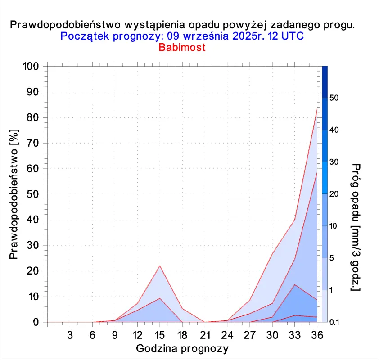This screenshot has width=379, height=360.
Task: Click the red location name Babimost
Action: [x=182, y=47]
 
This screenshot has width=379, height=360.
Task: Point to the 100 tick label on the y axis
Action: [x=31, y=66]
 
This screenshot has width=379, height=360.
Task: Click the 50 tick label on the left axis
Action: [x=32, y=194]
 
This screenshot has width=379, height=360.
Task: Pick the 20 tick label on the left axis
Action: [x=32, y=271]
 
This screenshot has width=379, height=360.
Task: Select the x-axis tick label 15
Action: [x=159, y=335]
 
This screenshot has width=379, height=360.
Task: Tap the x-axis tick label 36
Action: [x=317, y=335]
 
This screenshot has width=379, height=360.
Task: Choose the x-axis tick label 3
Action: [x=70, y=335]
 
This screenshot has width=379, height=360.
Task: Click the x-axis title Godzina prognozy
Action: [x=182, y=349]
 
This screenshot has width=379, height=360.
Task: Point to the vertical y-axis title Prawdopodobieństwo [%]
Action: [x=14, y=194]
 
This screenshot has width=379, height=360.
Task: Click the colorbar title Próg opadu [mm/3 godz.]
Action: [x=356, y=227]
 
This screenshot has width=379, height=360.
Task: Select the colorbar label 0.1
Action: [x=334, y=322]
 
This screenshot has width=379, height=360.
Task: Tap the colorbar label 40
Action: [x=334, y=130]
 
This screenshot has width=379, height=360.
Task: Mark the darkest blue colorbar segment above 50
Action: [x=325, y=82]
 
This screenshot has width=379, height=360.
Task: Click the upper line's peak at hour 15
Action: [x=159, y=266]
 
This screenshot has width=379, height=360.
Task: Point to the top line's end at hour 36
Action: [x=317, y=109]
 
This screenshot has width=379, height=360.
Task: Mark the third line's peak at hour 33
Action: [x=295, y=284]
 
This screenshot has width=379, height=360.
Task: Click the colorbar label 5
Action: [x=332, y=258]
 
